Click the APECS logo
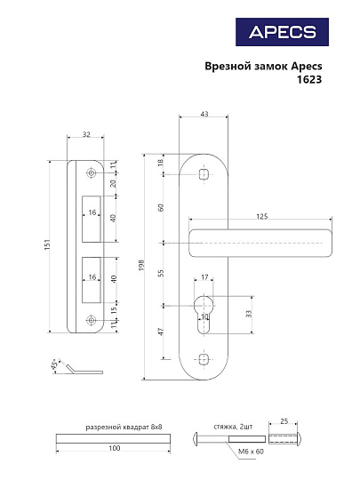(282, 32)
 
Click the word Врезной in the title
(226, 65)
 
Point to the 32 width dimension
(86, 135)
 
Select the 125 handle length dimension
(260, 216)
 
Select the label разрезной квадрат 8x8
(124, 428)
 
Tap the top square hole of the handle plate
(204, 176)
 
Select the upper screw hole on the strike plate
(90, 172)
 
